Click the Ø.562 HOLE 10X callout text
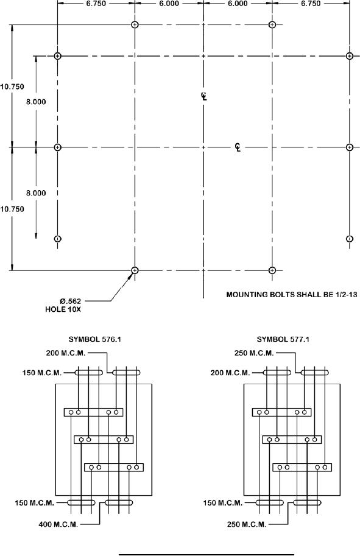[x=63, y=305]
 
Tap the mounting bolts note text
[x=292, y=294]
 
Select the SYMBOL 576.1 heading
[x=94, y=339]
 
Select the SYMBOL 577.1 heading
[x=283, y=339]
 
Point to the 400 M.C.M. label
[x=58, y=524]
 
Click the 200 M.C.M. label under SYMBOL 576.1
[x=66, y=353]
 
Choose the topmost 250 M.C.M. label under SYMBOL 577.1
[x=254, y=353]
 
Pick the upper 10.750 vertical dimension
[x=12, y=86]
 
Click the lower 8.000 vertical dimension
[x=36, y=193]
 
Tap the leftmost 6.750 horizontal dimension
[x=96, y=4]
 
